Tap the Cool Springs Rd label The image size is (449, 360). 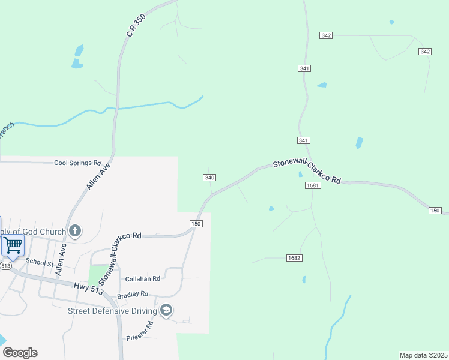point(77,163)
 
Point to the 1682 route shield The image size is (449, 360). point(294,258)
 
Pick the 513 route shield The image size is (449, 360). point(6,265)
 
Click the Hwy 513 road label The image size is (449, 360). point(89,289)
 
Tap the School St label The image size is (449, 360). point(40,262)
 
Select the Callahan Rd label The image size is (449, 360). point(142,278)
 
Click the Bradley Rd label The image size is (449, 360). point(132,294)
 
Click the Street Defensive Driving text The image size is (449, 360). point(112,310)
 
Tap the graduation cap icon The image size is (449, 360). point(166,310)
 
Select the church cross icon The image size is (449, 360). point(74,231)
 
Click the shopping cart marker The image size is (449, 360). point(13,245)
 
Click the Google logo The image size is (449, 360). point(20,353)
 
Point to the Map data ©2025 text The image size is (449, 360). point(423,355)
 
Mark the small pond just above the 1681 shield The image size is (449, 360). point(300,175)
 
